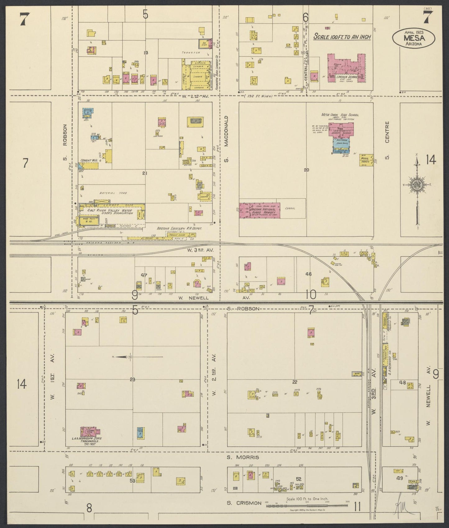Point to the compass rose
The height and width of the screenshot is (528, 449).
point(417,185)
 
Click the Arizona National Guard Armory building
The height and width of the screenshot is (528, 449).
point(259,210)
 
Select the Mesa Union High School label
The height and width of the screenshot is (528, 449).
point(340,115)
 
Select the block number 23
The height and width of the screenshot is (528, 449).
point(133,379)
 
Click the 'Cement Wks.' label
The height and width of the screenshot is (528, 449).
point(89,161)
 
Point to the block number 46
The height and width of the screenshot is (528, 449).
point(308,274)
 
